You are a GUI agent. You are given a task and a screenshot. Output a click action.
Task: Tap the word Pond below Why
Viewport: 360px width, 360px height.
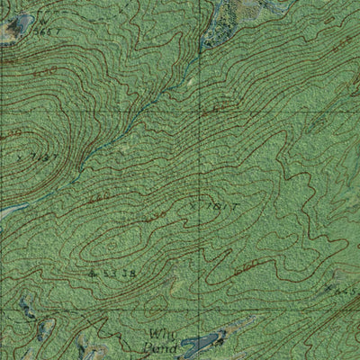(160, 342)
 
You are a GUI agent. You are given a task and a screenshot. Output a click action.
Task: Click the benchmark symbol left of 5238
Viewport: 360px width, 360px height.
(94, 269)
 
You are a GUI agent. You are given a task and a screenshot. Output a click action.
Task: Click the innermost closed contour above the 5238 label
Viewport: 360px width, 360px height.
(135, 236)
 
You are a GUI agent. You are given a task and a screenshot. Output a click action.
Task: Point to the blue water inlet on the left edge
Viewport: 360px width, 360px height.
(9, 212)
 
